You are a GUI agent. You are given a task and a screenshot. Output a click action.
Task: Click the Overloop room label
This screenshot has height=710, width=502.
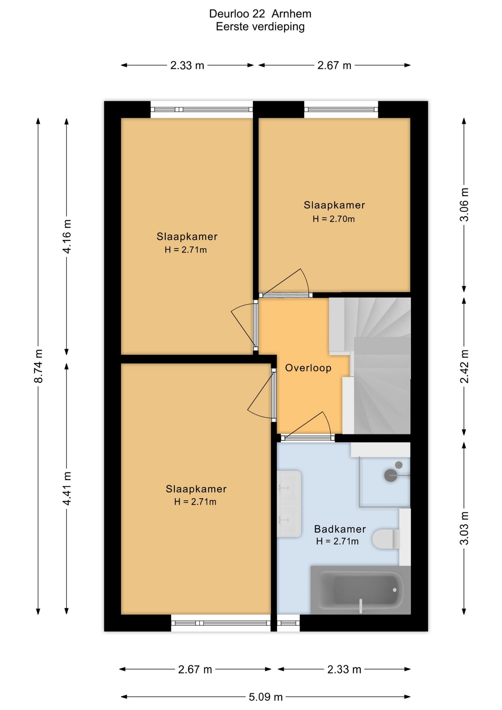tap(308, 368)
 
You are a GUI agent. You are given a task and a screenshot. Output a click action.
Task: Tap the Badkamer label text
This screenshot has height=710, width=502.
tap(340, 529)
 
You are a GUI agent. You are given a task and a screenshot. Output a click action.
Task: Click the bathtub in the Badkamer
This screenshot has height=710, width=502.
tap(360, 590)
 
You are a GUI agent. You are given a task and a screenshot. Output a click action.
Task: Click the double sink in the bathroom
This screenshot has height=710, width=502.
tap(289, 504)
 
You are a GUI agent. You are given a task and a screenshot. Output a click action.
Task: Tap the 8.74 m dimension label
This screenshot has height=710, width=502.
tap(38, 366)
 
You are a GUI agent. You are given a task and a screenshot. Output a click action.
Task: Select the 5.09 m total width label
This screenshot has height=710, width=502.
tap(266, 697)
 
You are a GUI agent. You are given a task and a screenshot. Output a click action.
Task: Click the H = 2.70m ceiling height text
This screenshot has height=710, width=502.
tap(333, 219)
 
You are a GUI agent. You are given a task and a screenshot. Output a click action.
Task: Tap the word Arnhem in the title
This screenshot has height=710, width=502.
tap(291, 14)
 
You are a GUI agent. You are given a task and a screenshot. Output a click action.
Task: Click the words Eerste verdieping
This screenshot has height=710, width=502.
tap(260, 27)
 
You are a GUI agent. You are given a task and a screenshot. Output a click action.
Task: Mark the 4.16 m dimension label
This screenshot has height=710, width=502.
tap(67, 236)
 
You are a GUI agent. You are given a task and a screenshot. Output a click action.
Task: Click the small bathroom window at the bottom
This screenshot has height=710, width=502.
tap(288, 623)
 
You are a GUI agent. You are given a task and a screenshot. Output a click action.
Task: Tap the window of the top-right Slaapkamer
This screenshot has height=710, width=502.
tap(341, 109)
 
